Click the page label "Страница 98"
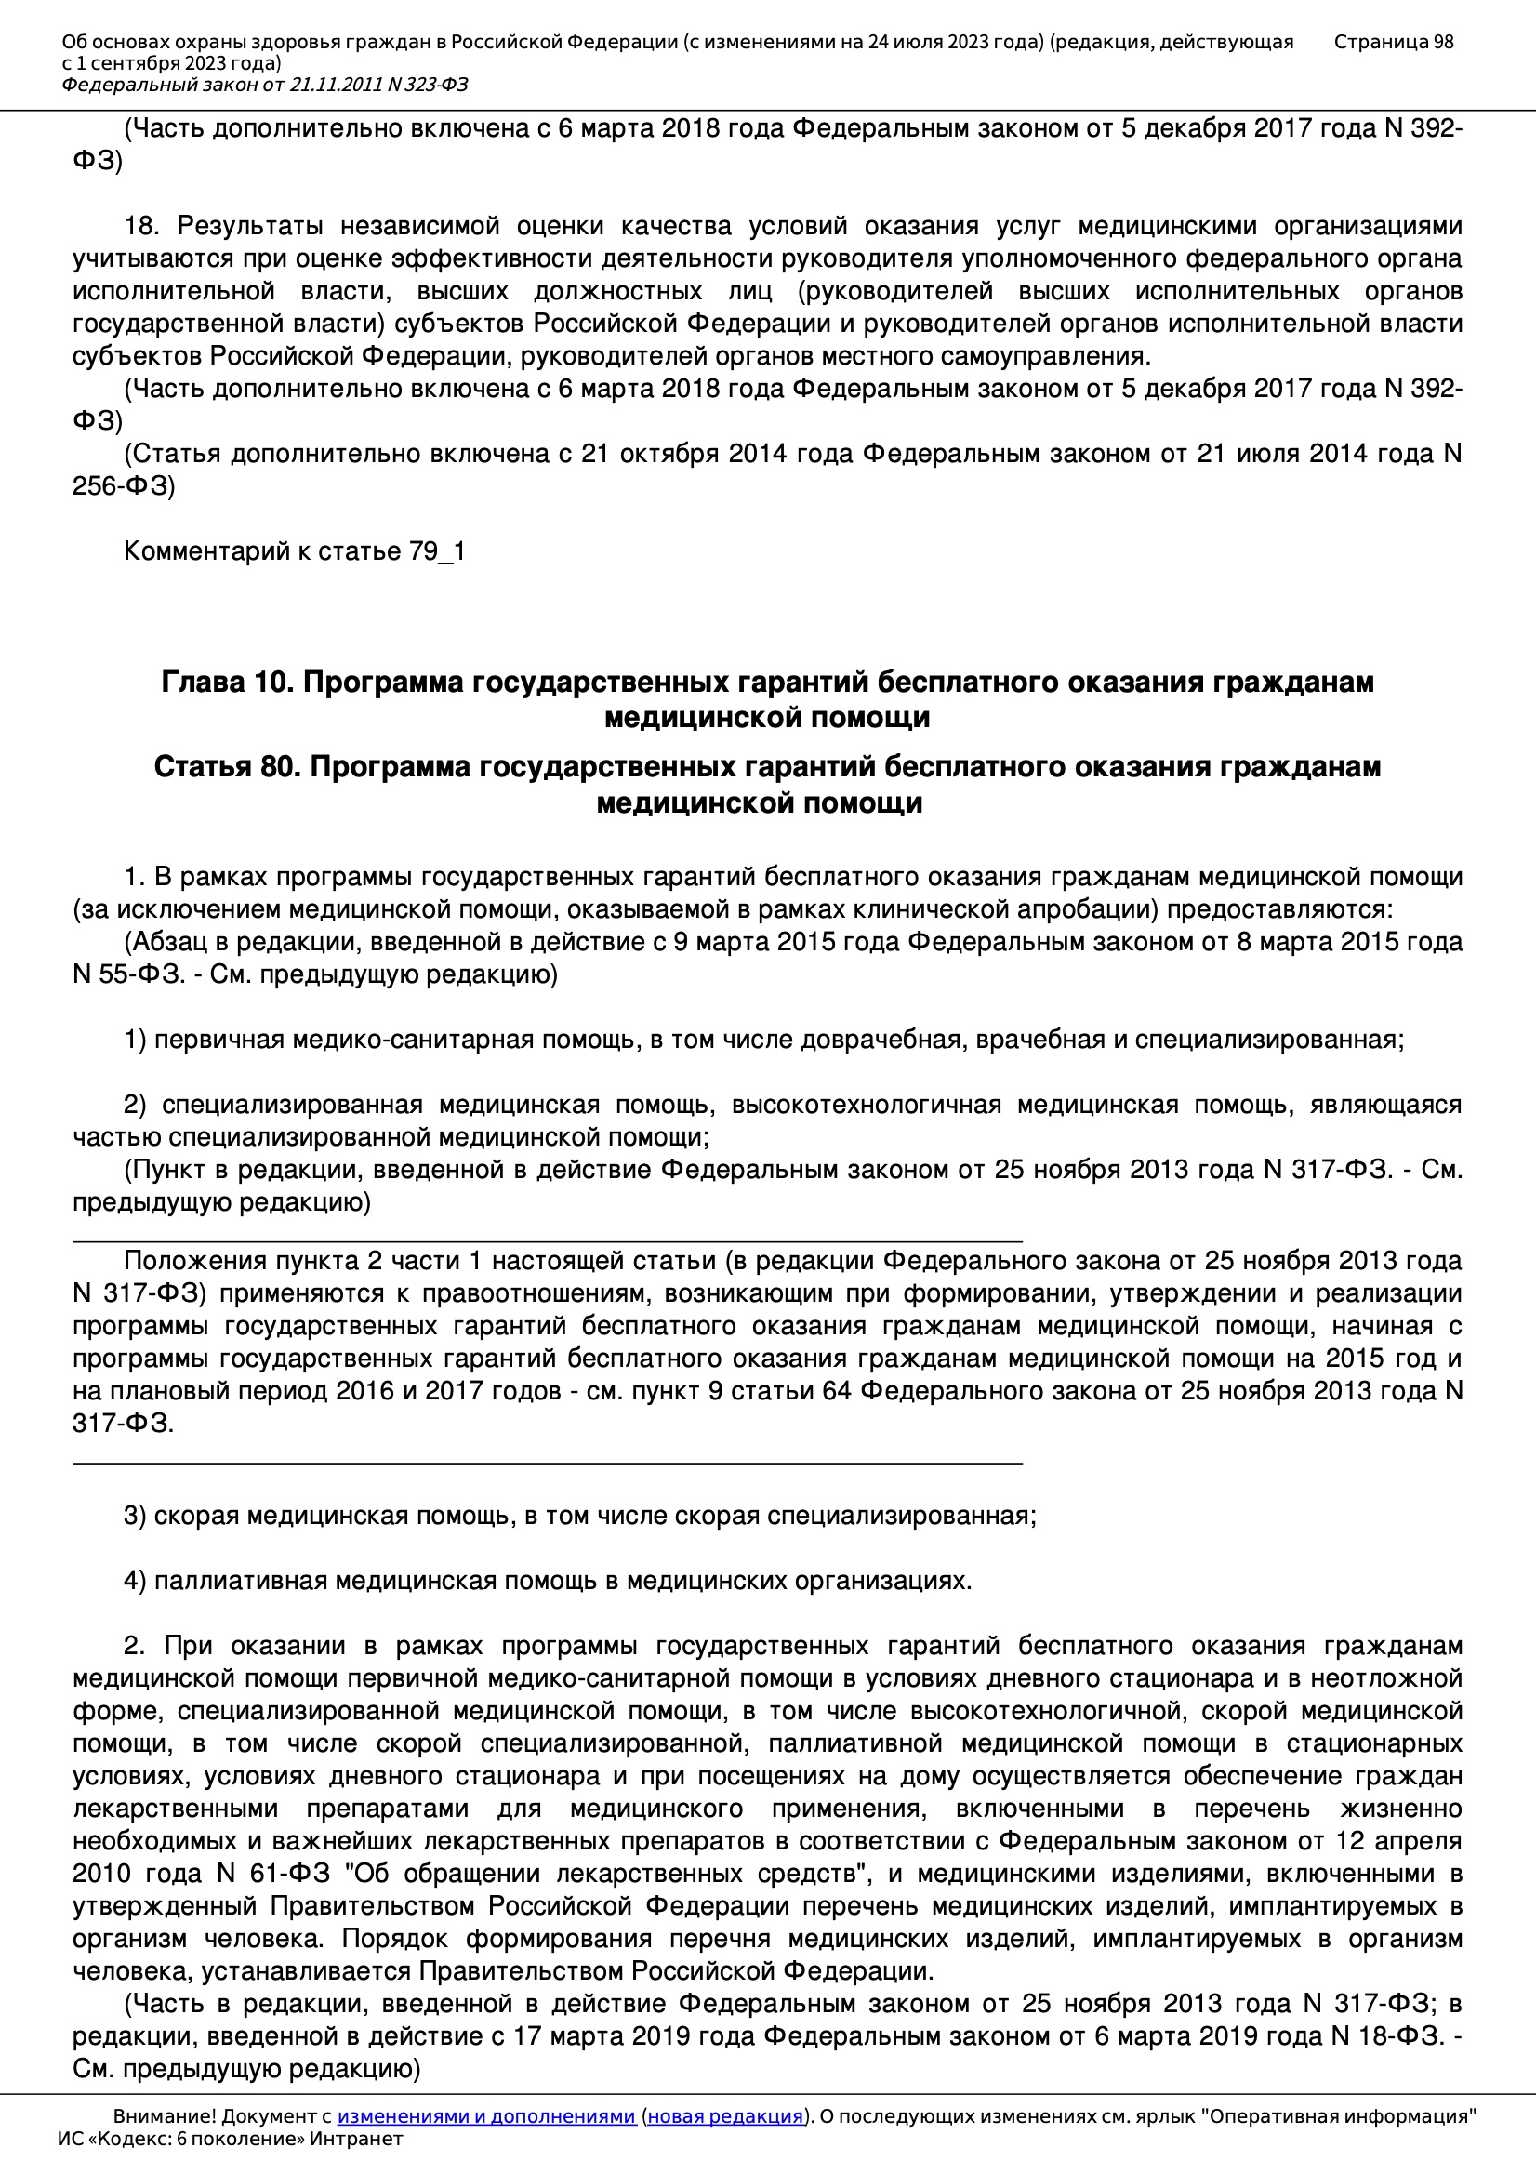click(x=1393, y=42)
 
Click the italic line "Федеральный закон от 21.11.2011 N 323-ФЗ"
click(x=264, y=86)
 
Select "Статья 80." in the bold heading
click(x=227, y=766)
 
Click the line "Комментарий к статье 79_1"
click(x=295, y=551)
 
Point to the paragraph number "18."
click(x=142, y=226)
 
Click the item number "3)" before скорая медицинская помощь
click(x=136, y=1516)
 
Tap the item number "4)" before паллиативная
click(x=136, y=1581)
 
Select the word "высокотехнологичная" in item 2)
click(x=867, y=1104)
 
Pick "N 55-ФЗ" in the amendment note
click(x=126, y=974)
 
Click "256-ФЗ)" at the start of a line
click(x=124, y=486)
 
